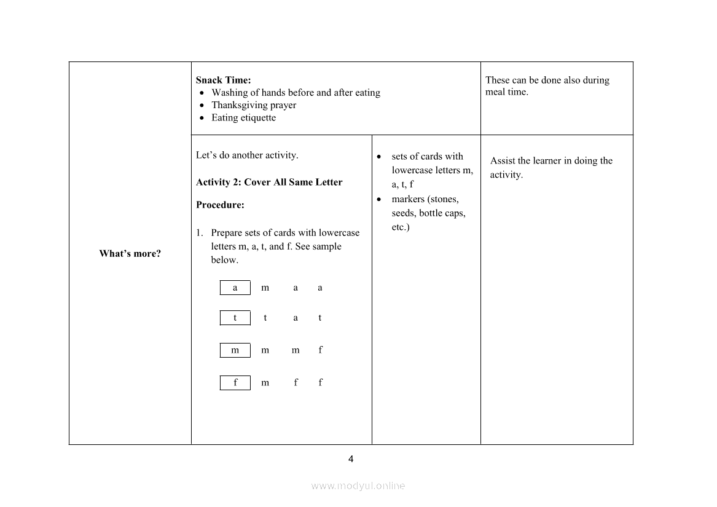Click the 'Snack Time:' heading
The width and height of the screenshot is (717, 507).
pyautogui.click(x=223, y=80)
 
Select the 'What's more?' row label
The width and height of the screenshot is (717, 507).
pyautogui.click(x=130, y=253)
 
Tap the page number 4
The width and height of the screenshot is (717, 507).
pyautogui.click(x=351, y=458)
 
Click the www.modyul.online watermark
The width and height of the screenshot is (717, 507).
pyautogui.click(x=358, y=485)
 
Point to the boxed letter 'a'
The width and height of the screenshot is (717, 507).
pyautogui.click(x=235, y=288)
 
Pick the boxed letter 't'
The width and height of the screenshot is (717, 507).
pyautogui.click(x=235, y=318)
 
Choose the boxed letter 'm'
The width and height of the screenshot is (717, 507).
pyautogui.click(x=235, y=350)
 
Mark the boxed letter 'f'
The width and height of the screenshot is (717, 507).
pyautogui.click(x=235, y=382)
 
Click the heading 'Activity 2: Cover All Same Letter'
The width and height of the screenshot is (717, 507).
pyautogui.click(x=269, y=182)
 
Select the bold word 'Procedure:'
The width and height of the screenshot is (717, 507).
pyautogui.click(x=220, y=205)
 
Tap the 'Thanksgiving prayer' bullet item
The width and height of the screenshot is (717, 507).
pyautogui.click(x=254, y=105)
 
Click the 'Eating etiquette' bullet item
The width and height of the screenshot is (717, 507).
pyautogui.click(x=244, y=117)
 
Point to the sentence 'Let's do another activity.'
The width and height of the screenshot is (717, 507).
pyautogui.click(x=247, y=155)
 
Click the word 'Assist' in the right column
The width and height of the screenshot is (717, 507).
pyautogui.click(x=503, y=161)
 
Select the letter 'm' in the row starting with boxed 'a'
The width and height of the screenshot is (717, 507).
pyautogui.click(x=265, y=288)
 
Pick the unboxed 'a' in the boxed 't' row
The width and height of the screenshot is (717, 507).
pyautogui.click(x=296, y=318)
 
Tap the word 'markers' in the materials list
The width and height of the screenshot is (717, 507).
pyautogui.click(x=408, y=199)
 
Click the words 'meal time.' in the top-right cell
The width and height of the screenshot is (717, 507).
pyautogui.click(x=507, y=92)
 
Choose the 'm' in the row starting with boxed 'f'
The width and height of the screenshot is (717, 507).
pyautogui.click(x=265, y=382)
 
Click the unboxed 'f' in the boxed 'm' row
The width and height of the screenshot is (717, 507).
pyautogui.click(x=320, y=350)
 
